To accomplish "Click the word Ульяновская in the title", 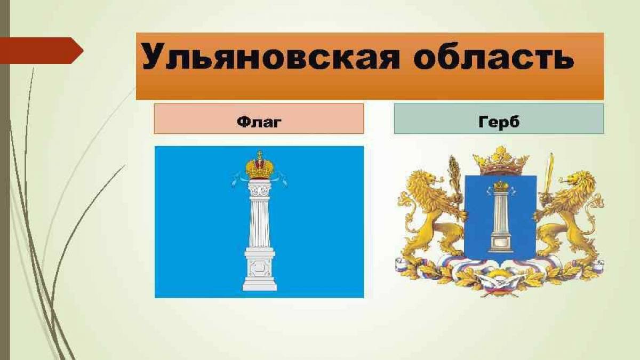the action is [270, 57].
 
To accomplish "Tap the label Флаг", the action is [259, 122].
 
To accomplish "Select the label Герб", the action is [499, 122].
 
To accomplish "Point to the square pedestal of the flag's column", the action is [259, 269].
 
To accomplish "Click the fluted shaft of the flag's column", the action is [259, 222].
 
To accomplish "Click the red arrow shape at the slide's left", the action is [42, 51].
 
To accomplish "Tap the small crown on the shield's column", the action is [501, 186].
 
